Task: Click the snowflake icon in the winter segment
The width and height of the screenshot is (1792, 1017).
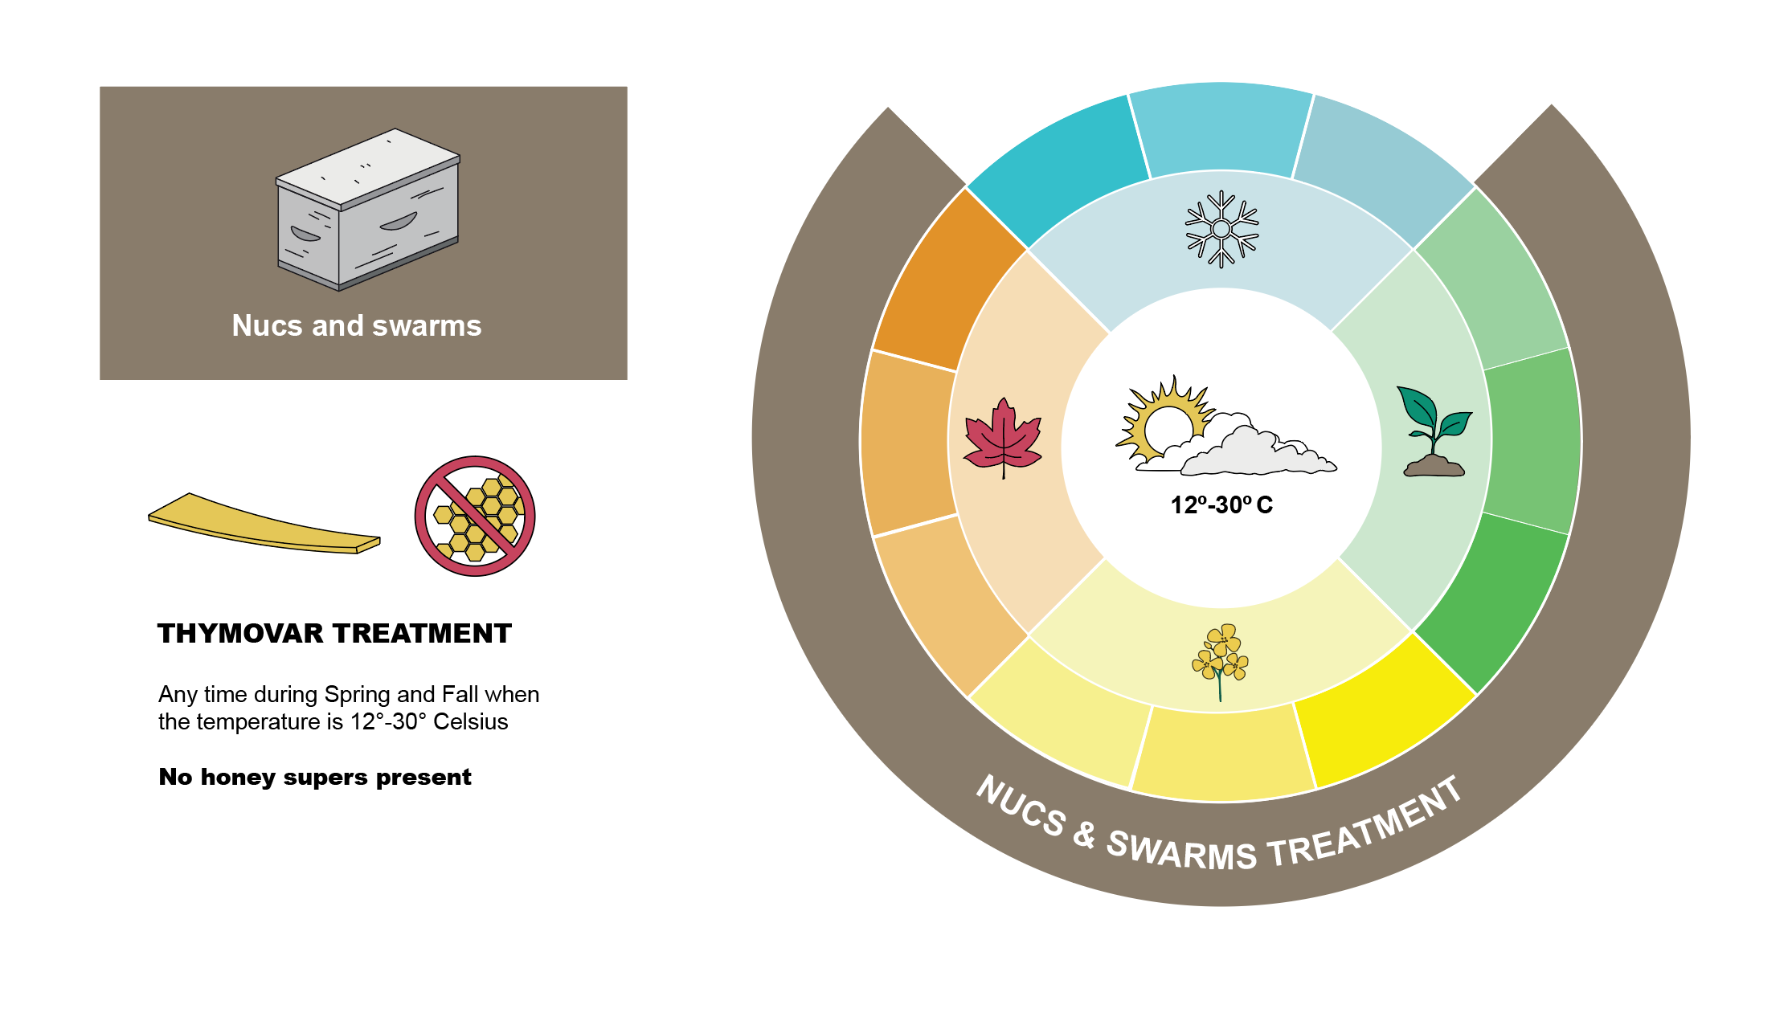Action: [x=1221, y=229]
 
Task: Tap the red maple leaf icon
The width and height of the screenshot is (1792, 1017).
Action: [x=1002, y=438]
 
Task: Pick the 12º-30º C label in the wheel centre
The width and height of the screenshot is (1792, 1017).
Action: [x=1221, y=505]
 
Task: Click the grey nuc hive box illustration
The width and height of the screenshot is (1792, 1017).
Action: [x=368, y=210]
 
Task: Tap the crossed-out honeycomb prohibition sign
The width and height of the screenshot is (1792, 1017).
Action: [x=475, y=517]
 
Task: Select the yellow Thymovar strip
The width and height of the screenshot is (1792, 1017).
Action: [x=264, y=524]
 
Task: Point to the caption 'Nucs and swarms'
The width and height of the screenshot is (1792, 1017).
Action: [x=357, y=325]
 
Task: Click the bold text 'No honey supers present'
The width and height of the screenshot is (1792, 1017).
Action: [x=315, y=778]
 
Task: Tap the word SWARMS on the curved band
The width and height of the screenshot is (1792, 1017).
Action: [x=1181, y=852]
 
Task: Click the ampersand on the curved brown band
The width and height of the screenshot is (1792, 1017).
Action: [x=1085, y=835]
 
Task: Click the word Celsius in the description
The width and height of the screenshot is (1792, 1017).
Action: [x=471, y=721]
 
